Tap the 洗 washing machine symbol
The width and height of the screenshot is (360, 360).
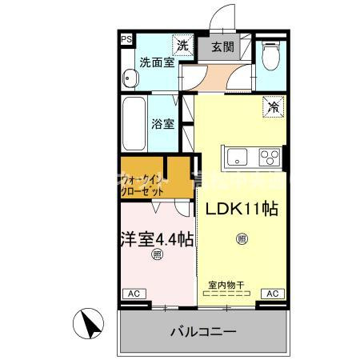184,46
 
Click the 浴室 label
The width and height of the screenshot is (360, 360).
164,124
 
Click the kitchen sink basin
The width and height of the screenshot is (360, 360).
238,155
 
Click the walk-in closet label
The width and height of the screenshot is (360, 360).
145,186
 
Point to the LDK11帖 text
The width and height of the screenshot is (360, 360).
242,209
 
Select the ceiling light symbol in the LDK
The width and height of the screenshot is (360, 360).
242,238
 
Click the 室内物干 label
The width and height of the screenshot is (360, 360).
226,284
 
